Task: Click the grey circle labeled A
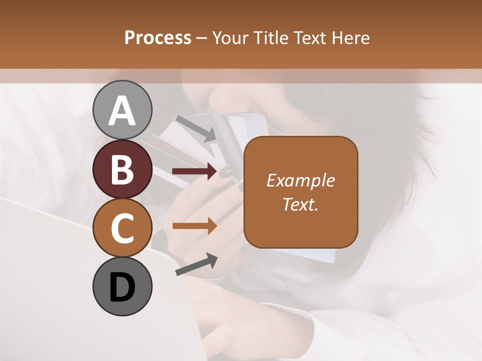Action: point(123,110)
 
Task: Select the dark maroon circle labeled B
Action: point(123,169)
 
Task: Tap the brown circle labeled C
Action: point(123,228)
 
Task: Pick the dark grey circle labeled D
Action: point(123,287)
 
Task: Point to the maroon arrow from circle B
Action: point(194,171)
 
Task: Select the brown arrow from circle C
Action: point(194,226)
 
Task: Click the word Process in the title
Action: point(158,38)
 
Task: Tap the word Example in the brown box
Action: point(301,180)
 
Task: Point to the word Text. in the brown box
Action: point(301,204)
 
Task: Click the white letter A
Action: point(123,111)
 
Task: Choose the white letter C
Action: point(123,229)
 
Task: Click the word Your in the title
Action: point(229,38)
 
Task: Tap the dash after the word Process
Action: point(202,39)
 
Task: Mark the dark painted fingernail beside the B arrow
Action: point(227,172)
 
